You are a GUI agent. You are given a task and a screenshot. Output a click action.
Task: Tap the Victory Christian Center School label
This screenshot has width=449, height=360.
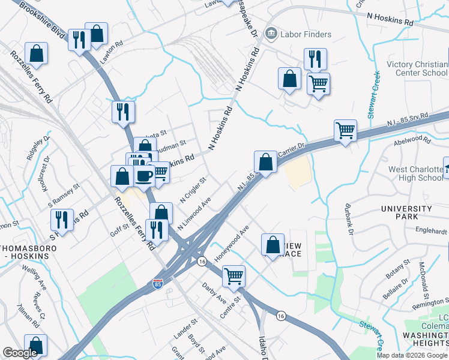click(417, 68)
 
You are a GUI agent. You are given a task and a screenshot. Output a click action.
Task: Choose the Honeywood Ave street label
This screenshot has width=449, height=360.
click(231, 243)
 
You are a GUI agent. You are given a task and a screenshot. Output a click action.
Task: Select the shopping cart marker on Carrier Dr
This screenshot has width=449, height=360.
click(345, 130)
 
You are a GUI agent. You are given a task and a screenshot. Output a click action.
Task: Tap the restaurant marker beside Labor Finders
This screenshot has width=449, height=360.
click(315, 59)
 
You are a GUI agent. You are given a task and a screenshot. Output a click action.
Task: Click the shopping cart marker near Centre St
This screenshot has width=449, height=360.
click(234, 277)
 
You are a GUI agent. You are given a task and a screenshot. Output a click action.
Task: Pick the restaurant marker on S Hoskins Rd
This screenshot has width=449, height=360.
click(62, 220)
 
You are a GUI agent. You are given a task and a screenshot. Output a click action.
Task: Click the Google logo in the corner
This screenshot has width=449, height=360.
click(20, 353)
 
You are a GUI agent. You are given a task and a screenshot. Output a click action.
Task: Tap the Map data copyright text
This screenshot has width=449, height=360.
click(412, 355)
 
